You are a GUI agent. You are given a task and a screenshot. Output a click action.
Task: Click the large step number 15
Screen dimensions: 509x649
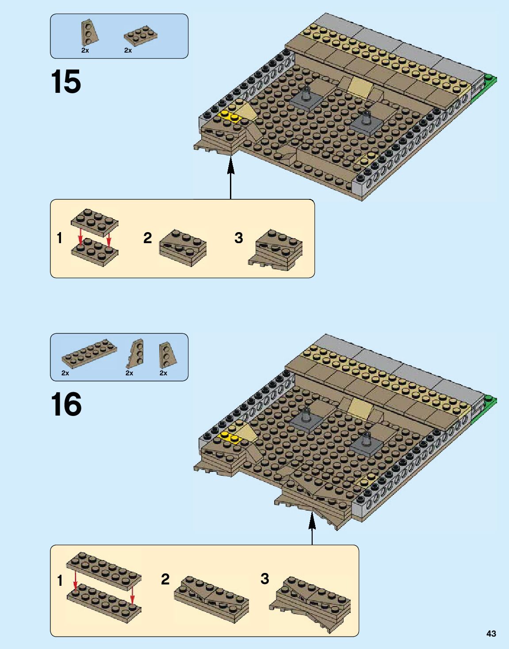[66, 81]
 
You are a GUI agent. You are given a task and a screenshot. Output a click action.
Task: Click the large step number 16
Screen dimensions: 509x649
[66, 404]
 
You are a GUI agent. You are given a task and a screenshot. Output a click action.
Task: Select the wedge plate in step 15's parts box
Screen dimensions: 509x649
[89, 33]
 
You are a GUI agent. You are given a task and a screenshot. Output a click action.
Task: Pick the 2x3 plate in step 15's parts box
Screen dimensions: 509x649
[141, 36]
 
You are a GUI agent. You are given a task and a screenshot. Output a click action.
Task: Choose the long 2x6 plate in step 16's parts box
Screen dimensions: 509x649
[89, 354]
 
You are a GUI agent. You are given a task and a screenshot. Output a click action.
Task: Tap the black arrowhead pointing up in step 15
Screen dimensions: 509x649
[230, 166]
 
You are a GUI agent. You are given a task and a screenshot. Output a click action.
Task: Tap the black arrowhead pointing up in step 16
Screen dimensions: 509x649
[312, 519]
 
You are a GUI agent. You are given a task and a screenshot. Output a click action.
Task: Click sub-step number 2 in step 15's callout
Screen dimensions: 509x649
[148, 238]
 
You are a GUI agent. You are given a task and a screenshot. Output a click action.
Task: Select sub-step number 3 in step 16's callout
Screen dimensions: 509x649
[264, 579]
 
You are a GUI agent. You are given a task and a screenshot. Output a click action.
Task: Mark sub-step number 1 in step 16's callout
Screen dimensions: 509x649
[60, 580]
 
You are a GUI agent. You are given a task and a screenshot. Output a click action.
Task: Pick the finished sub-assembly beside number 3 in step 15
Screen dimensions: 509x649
[276, 250]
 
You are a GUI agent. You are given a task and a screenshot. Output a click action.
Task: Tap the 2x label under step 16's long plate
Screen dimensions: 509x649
[65, 373]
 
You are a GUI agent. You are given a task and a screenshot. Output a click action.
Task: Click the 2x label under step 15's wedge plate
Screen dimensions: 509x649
[85, 50]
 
